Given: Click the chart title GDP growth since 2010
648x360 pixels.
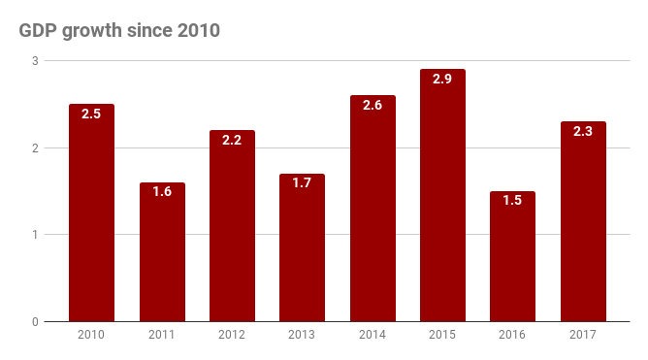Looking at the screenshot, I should coord(119,30).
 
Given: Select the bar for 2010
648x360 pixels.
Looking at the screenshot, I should coord(91,213).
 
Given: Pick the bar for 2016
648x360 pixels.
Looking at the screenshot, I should coord(512,257).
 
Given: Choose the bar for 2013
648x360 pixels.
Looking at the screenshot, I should coord(302,248).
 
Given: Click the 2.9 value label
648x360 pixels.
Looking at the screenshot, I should coord(442,80).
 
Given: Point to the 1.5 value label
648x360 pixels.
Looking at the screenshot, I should coord(512,201).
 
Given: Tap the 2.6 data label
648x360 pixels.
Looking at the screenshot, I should coord(373,105).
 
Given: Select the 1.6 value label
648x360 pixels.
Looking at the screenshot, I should coord(162,192).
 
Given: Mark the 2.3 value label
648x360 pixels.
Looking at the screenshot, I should coord(583,131).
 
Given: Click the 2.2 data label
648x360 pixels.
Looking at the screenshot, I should coord(232,140).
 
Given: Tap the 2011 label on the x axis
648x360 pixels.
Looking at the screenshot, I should coord(162,336).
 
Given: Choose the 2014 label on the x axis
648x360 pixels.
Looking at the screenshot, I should coord(373,336).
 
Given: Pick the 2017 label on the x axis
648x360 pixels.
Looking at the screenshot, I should coord(583,336).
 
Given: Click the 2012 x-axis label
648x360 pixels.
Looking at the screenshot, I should coord(232,336).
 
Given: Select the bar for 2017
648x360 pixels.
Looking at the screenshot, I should coord(583,223).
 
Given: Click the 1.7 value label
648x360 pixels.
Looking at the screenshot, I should coord(302,183).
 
